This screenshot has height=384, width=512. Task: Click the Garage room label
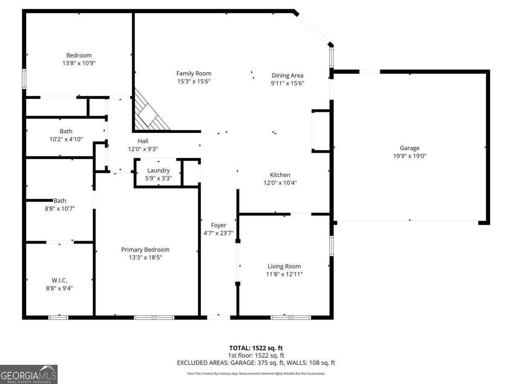(410, 148)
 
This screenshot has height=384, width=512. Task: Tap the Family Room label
(194, 73)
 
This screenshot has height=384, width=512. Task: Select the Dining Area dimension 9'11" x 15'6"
(288, 84)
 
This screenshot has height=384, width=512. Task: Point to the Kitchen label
(280, 175)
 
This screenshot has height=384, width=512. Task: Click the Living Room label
(284, 266)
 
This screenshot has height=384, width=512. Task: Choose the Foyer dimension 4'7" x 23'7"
(218, 233)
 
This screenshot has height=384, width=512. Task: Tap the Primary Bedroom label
(145, 250)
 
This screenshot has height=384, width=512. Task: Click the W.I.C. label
(59, 280)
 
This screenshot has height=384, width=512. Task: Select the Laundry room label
(158, 171)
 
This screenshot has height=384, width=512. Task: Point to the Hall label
(143, 141)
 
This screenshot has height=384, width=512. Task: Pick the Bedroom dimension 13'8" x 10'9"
(79, 63)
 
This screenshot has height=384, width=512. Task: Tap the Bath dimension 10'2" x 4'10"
(66, 139)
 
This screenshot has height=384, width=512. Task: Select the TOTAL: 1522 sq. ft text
(256, 348)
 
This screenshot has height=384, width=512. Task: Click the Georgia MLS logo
(29, 374)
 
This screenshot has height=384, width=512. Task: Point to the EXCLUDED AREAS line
(256, 363)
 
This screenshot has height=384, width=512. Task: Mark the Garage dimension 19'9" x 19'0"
(410, 156)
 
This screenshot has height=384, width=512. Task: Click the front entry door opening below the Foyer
(218, 317)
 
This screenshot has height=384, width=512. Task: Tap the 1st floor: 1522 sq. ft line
(256, 355)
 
